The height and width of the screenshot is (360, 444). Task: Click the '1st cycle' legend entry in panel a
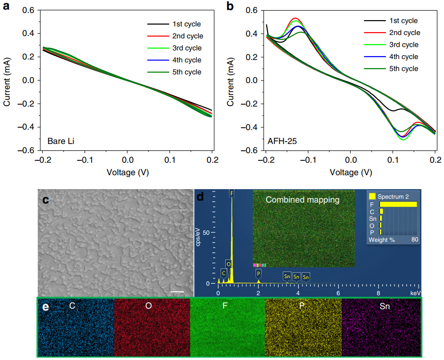click(186, 24)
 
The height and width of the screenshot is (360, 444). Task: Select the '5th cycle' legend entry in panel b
click(403, 69)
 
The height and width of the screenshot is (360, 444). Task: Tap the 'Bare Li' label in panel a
click(60, 141)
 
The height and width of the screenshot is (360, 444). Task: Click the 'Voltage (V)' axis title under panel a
click(127, 171)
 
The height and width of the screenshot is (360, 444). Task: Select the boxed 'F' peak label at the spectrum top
click(232, 193)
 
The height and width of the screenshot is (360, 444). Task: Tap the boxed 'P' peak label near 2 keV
click(259, 273)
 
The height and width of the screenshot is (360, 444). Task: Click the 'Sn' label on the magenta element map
click(385, 305)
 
